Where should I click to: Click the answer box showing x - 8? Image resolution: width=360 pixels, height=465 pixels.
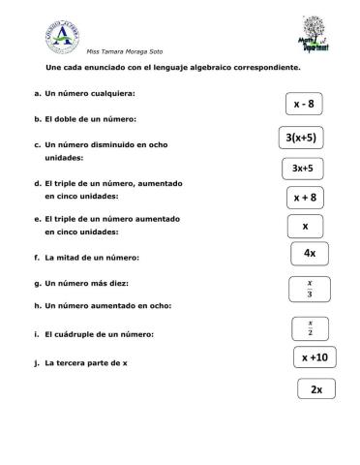304,104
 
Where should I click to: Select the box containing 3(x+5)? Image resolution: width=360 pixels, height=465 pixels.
301,138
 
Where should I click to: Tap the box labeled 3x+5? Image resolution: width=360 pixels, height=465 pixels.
301,169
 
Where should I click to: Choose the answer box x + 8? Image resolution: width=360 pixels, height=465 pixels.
305,198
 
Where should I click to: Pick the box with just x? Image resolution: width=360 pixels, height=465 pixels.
304,227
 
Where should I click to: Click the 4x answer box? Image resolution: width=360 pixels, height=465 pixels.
310,254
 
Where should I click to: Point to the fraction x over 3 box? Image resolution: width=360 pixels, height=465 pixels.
309,289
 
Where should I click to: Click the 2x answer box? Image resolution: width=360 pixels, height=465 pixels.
316,389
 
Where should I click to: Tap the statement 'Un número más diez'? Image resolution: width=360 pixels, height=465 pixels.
81,283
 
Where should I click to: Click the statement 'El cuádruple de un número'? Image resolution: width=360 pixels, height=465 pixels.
93,335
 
